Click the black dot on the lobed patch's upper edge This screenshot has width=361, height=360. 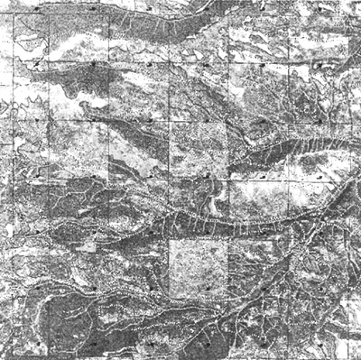pos(93,65)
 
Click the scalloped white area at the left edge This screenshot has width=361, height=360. pos(9,226)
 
